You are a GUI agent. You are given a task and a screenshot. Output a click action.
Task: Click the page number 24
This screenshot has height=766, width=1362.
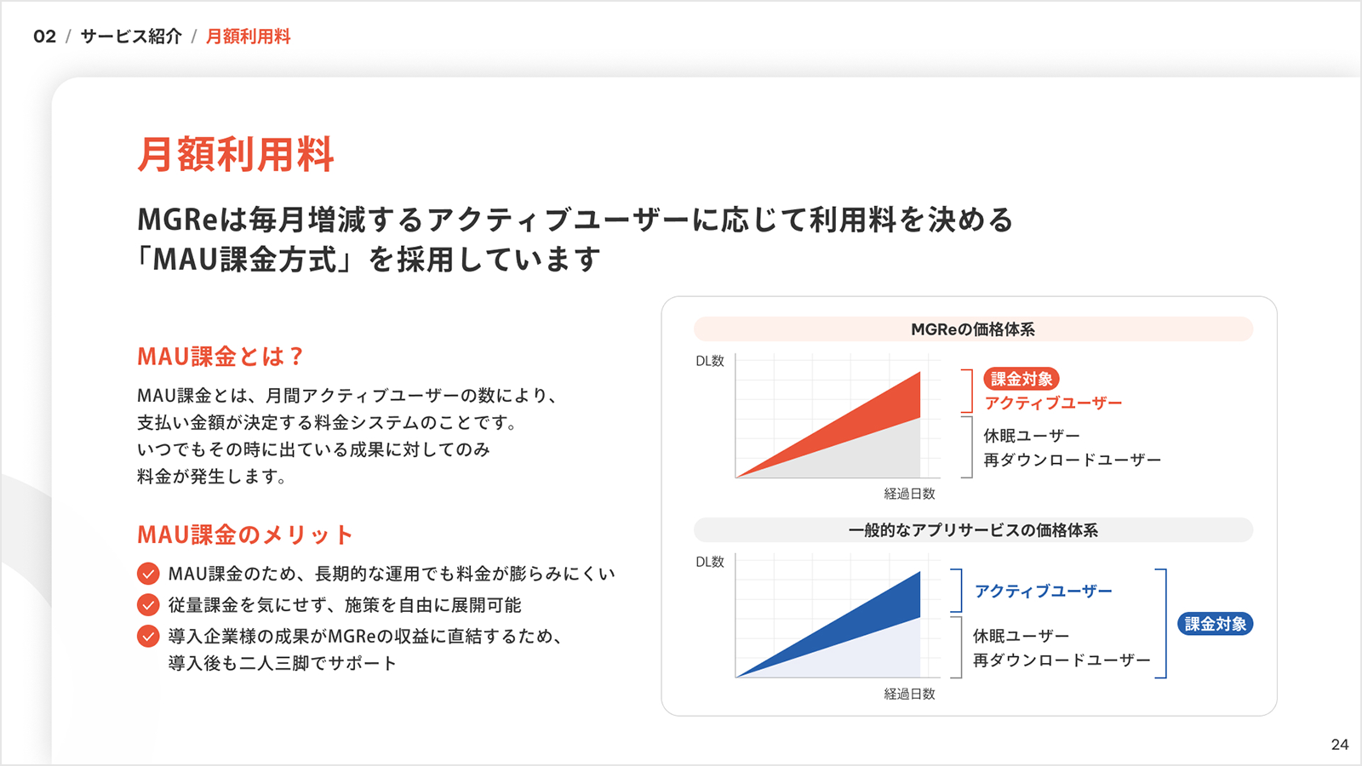(x=1340, y=745)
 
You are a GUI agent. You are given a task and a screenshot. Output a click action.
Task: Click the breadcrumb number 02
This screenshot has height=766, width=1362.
(x=44, y=37)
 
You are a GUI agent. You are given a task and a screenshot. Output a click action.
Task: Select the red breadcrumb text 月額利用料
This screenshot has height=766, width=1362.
(x=248, y=37)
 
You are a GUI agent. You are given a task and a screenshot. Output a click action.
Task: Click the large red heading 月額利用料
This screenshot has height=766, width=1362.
(x=236, y=154)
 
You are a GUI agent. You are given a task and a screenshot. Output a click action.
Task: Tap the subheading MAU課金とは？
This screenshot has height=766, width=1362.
(x=220, y=357)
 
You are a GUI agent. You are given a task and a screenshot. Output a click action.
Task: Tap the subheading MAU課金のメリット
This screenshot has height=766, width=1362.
(x=245, y=534)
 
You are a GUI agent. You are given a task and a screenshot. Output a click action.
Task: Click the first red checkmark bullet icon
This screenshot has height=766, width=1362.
(x=148, y=574)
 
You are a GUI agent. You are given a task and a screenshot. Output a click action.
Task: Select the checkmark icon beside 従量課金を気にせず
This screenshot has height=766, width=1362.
(x=148, y=605)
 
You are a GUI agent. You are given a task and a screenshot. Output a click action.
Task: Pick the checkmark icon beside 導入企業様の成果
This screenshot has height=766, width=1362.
(x=148, y=636)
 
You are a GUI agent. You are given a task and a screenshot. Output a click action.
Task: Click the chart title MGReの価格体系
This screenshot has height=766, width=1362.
(x=973, y=329)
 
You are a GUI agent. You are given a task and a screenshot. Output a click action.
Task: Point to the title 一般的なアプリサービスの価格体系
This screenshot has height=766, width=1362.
(x=973, y=530)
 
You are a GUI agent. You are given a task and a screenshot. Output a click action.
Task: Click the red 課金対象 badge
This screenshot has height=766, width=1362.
(x=1021, y=380)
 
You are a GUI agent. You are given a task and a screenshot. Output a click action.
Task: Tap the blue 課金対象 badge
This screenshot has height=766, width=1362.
(x=1216, y=624)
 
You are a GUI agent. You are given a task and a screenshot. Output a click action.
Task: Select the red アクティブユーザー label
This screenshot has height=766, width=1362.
(x=1053, y=403)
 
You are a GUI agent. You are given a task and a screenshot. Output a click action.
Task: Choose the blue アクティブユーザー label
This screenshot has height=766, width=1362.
(x=1044, y=591)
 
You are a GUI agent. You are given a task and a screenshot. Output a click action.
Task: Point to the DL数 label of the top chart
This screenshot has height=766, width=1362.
(x=710, y=361)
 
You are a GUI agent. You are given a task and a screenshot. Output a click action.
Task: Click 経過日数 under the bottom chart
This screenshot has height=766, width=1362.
(x=910, y=694)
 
